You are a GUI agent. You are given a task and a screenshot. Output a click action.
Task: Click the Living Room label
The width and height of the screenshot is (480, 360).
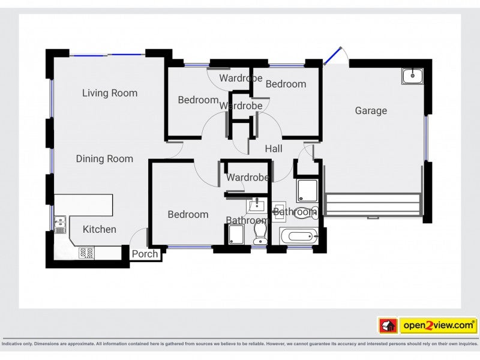(x=110, y=93)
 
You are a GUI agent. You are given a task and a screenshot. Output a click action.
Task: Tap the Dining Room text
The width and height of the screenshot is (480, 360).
(x=104, y=159)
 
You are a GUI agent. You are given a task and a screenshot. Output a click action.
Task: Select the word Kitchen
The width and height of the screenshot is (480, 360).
(x=100, y=229)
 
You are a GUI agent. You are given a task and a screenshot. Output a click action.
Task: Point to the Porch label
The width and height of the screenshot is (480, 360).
(x=145, y=254)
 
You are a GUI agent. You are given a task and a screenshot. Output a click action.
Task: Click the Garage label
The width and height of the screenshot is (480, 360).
(x=371, y=110)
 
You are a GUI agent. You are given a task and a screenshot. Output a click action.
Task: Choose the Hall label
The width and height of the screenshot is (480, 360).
(x=274, y=148)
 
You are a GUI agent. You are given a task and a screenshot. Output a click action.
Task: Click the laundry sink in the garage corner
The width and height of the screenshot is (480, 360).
(x=412, y=76)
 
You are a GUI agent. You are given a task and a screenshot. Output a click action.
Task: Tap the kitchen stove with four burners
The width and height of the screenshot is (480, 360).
(x=86, y=253)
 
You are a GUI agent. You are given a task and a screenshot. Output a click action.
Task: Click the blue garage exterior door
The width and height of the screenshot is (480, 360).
(x=332, y=55)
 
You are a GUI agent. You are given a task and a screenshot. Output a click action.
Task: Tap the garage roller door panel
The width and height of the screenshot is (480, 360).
(x=372, y=204)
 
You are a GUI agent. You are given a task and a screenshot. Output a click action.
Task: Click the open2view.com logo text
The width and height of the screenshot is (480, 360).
(x=439, y=325)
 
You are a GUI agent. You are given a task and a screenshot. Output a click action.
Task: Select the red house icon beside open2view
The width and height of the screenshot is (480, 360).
(x=388, y=325)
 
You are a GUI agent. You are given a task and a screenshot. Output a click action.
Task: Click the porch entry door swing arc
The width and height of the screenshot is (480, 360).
(x=138, y=236)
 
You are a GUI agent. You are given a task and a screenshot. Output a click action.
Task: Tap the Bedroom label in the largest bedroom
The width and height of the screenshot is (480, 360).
(x=188, y=214)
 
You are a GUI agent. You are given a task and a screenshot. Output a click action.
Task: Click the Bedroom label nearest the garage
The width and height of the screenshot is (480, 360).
(x=286, y=84)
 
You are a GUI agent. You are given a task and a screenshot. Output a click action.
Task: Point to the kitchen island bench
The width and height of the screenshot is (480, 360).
(x=84, y=205)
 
